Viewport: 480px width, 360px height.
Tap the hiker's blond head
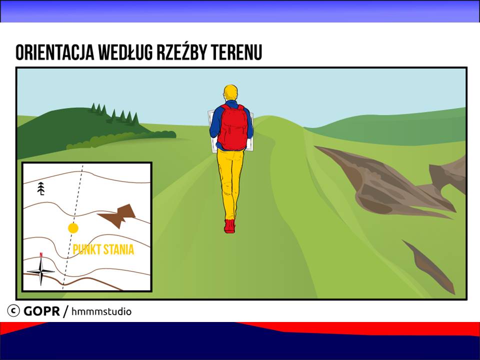230,92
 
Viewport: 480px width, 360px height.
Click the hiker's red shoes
230,226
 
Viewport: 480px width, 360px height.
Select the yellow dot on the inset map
73,228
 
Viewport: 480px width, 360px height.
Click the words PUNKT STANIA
103,249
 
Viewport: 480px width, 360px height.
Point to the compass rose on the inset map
40,271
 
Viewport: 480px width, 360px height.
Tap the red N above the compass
41,254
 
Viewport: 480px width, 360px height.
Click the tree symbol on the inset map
41,188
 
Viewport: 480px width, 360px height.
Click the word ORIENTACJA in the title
55,52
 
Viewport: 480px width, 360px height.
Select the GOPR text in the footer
41,311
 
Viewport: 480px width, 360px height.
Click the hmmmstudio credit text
101,311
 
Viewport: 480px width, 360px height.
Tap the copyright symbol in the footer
13,310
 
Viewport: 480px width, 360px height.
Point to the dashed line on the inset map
72,227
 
